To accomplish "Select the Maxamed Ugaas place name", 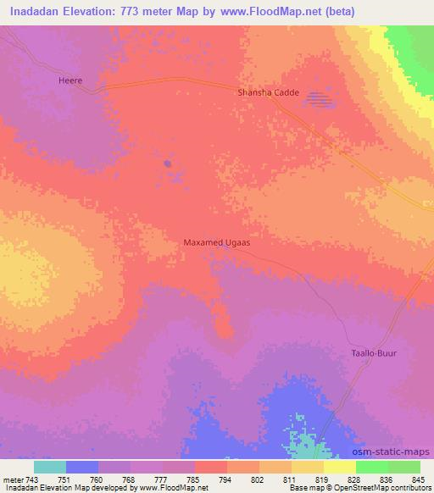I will coord(217,242).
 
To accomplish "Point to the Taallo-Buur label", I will coord(374,352).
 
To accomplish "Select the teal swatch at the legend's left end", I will coord(50,467).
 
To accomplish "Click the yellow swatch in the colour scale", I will coord(339,467).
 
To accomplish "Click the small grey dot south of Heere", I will coord(168,163).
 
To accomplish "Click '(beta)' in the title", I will coord(337,11).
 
